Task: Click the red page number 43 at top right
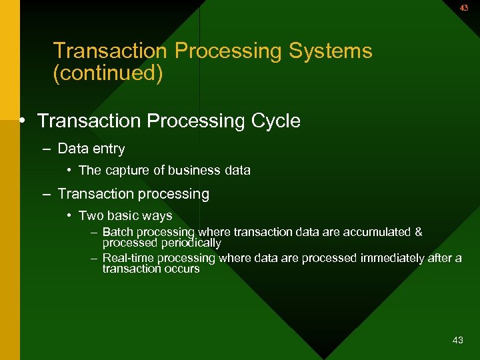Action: [x=464, y=8]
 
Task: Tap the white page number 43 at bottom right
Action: [x=457, y=340]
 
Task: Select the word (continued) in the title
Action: [x=107, y=73]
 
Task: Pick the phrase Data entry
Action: [x=91, y=149]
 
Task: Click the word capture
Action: [x=126, y=171]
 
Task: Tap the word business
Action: [x=194, y=171]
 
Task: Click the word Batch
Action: [x=118, y=232]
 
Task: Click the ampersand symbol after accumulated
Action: [x=418, y=232]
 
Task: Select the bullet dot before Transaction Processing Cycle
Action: [x=23, y=121]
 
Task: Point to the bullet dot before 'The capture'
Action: [x=69, y=171]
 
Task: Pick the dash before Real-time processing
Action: [x=94, y=258]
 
